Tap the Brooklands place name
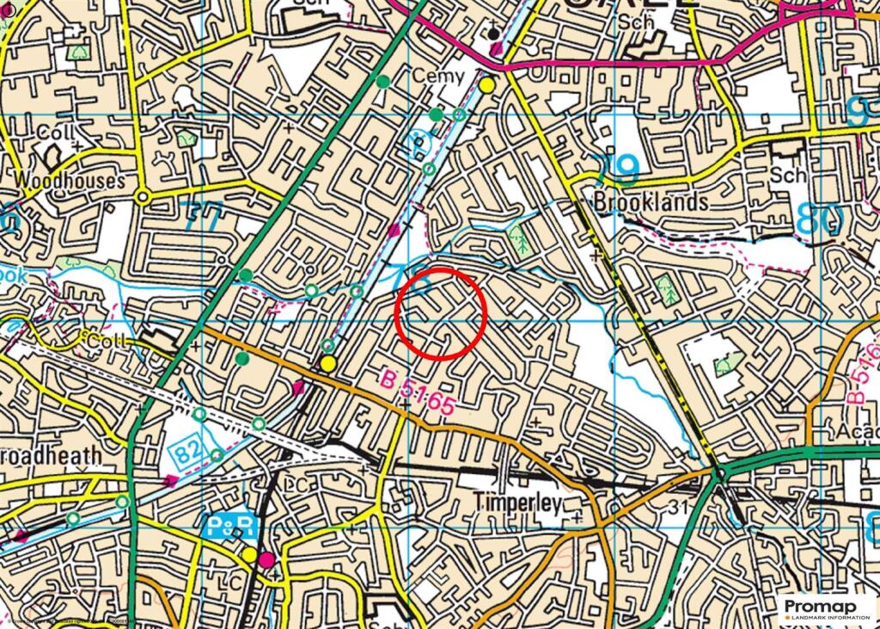coord(651,202)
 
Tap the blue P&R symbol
coord(229,526)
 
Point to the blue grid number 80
coord(816,219)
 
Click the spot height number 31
coord(680,508)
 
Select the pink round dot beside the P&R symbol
coord(267,560)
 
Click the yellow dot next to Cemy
coord(487,85)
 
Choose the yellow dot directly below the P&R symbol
coord(249,555)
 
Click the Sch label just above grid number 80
coord(788,175)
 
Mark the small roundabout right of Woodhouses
coord(144,197)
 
